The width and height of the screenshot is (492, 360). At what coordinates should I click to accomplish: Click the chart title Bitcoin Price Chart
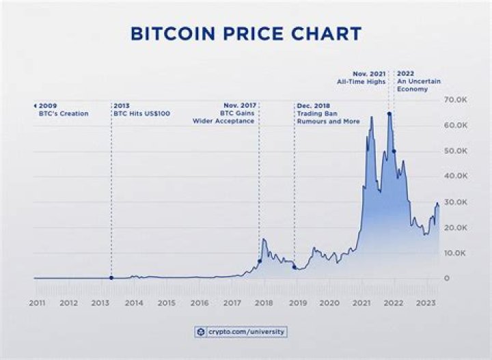pos(246,33)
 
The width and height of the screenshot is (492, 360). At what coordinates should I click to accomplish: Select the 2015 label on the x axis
pos(166,302)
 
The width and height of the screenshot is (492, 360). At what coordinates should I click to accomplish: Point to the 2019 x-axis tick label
pos(297,302)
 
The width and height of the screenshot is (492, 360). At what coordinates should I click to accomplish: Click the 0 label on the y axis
pos(446,278)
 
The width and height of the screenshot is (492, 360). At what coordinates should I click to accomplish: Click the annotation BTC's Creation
pos(64,113)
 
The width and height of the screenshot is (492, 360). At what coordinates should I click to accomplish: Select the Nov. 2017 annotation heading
pos(238,106)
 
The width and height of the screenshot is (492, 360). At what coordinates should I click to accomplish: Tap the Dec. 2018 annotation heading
pos(313,106)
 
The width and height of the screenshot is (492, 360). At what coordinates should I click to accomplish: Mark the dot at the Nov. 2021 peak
pos(389,113)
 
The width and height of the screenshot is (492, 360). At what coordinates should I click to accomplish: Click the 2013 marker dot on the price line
pos(111,277)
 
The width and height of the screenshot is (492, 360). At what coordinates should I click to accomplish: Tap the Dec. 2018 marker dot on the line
pos(295,267)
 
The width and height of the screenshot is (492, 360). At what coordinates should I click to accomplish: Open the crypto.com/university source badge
pos(241,332)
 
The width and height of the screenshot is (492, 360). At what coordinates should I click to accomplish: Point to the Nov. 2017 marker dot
pos(259,261)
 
